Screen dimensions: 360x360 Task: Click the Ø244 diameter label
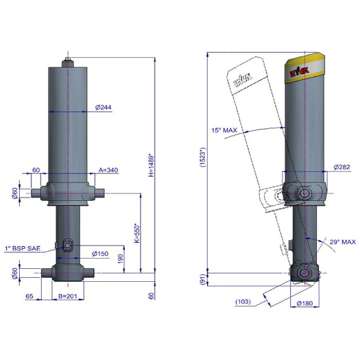[103, 107]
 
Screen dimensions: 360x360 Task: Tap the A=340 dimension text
[108, 170]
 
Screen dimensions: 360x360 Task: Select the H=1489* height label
[151, 165]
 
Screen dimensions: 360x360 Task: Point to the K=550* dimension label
[137, 233]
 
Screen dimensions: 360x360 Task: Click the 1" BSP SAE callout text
[22, 249]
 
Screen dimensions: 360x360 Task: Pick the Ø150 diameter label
[100, 254]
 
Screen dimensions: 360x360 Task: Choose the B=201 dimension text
[67, 296]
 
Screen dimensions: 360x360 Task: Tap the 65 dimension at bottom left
[29, 296]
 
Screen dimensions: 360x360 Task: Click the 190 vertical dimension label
[120, 259]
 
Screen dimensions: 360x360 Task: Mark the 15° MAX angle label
[224, 130]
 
